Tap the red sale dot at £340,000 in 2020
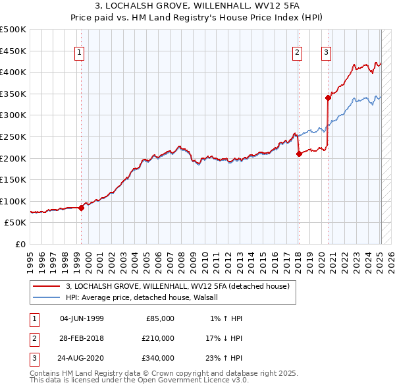click(x=327, y=98)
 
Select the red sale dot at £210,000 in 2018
click(x=299, y=154)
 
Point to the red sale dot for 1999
click(x=81, y=208)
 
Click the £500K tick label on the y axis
click(x=13, y=30)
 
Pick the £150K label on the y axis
click(x=13, y=179)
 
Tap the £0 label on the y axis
click(x=20, y=244)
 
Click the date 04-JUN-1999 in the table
click(x=82, y=318)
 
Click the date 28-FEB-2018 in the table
click(x=82, y=338)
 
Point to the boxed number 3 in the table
click(x=32, y=358)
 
